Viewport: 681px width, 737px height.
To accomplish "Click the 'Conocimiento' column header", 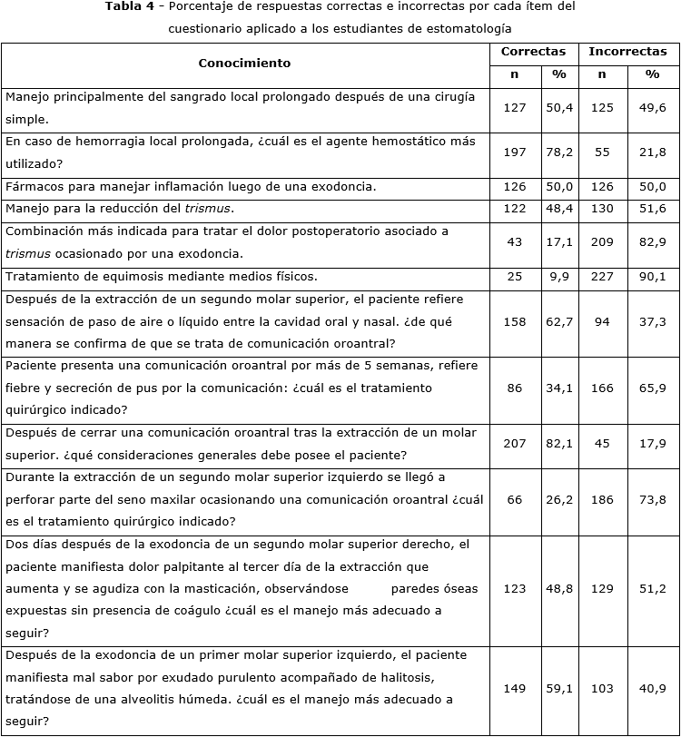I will [x=244, y=63].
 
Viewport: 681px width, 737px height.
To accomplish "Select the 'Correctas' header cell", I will [x=533, y=52].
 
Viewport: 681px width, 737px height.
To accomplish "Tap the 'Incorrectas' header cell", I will [x=627, y=52].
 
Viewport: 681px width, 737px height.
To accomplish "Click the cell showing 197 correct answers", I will [x=514, y=152].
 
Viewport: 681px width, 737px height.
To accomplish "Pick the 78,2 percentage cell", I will [x=559, y=152].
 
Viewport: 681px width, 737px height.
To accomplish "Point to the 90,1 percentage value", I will [x=652, y=277].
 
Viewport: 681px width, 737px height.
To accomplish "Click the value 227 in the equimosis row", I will [x=601, y=277].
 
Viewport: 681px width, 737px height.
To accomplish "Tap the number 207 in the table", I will [x=514, y=443].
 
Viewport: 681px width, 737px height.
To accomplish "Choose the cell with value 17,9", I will [x=652, y=443].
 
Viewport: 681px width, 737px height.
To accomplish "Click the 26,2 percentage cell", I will [x=559, y=499].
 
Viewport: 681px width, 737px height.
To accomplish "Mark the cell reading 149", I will [x=514, y=689].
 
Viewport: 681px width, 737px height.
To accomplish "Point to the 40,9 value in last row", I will [x=652, y=689].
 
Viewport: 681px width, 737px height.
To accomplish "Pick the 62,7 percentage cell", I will [x=559, y=321].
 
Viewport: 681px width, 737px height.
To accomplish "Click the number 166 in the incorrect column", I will [x=601, y=388].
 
